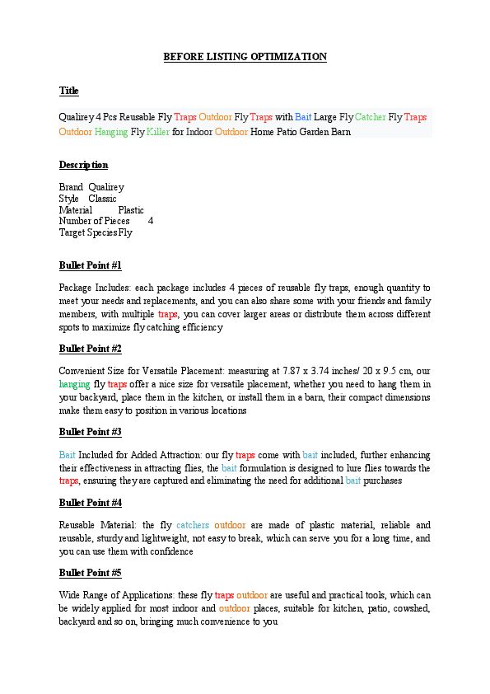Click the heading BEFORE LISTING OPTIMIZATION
(245, 57)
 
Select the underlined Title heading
(68, 91)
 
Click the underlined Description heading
(83, 165)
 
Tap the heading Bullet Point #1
(91, 265)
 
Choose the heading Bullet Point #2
(91, 349)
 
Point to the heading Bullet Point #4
(91, 503)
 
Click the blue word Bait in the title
(304, 118)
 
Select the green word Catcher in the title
(370, 118)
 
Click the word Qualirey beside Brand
(106, 187)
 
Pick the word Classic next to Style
(103, 199)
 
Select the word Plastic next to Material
(131, 210)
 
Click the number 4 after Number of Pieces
(151, 221)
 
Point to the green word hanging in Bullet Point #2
(74, 384)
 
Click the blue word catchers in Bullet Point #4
(193, 525)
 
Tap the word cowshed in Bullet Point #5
(409, 608)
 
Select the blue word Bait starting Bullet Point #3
(67, 455)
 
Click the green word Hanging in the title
(111, 132)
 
